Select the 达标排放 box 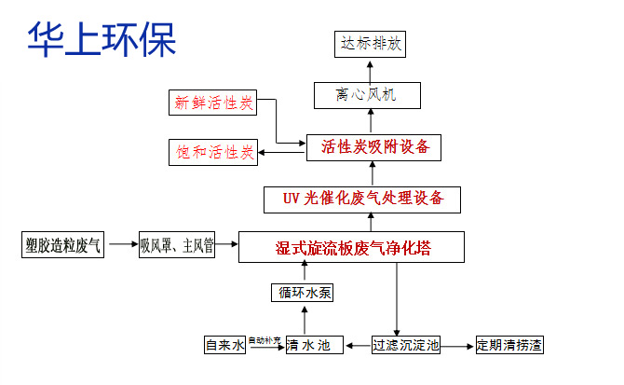point(370,43)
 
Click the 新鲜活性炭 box point(213,102)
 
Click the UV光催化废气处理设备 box point(370,198)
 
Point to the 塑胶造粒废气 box point(63,246)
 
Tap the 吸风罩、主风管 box point(177,246)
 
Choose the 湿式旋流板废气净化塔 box point(350,248)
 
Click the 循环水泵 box point(302,293)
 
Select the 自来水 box point(224,345)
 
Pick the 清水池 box point(308,345)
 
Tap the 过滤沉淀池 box point(405,345)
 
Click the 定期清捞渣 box point(509,345)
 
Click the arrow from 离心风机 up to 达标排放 point(370,68)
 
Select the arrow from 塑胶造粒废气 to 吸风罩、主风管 point(121,246)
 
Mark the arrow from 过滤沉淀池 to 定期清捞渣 point(456,345)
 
